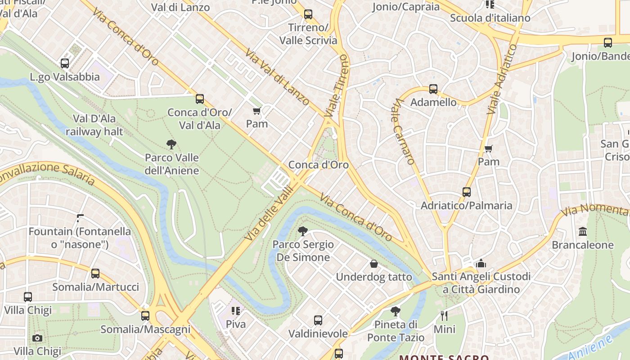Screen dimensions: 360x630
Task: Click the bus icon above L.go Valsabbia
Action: click(65, 63)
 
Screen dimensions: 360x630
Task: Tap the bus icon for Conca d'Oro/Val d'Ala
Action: click(199, 99)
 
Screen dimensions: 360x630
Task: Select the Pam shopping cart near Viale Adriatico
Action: click(488, 148)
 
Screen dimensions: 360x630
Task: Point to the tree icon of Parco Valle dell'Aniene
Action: click(171, 144)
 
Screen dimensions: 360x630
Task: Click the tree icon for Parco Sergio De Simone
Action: click(303, 231)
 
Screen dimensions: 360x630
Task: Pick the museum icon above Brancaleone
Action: click(583, 232)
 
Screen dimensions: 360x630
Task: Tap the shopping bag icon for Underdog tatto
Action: click(373, 264)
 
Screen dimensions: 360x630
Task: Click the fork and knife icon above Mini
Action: click(444, 315)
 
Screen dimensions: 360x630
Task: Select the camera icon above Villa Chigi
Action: click(37, 338)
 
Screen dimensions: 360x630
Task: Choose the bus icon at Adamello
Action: click(433, 89)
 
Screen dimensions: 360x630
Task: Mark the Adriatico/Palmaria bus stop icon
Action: click(466, 192)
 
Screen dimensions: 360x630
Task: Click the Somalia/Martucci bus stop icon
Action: click(95, 274)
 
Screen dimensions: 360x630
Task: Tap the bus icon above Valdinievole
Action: click(318, 320)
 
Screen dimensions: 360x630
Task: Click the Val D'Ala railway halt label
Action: click(94, 125)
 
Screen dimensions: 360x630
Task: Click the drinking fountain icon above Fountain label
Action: click(80, 218)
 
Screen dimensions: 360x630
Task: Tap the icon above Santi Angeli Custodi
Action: click(481, 263)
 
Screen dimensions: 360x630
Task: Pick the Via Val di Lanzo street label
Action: click(277, 77)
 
